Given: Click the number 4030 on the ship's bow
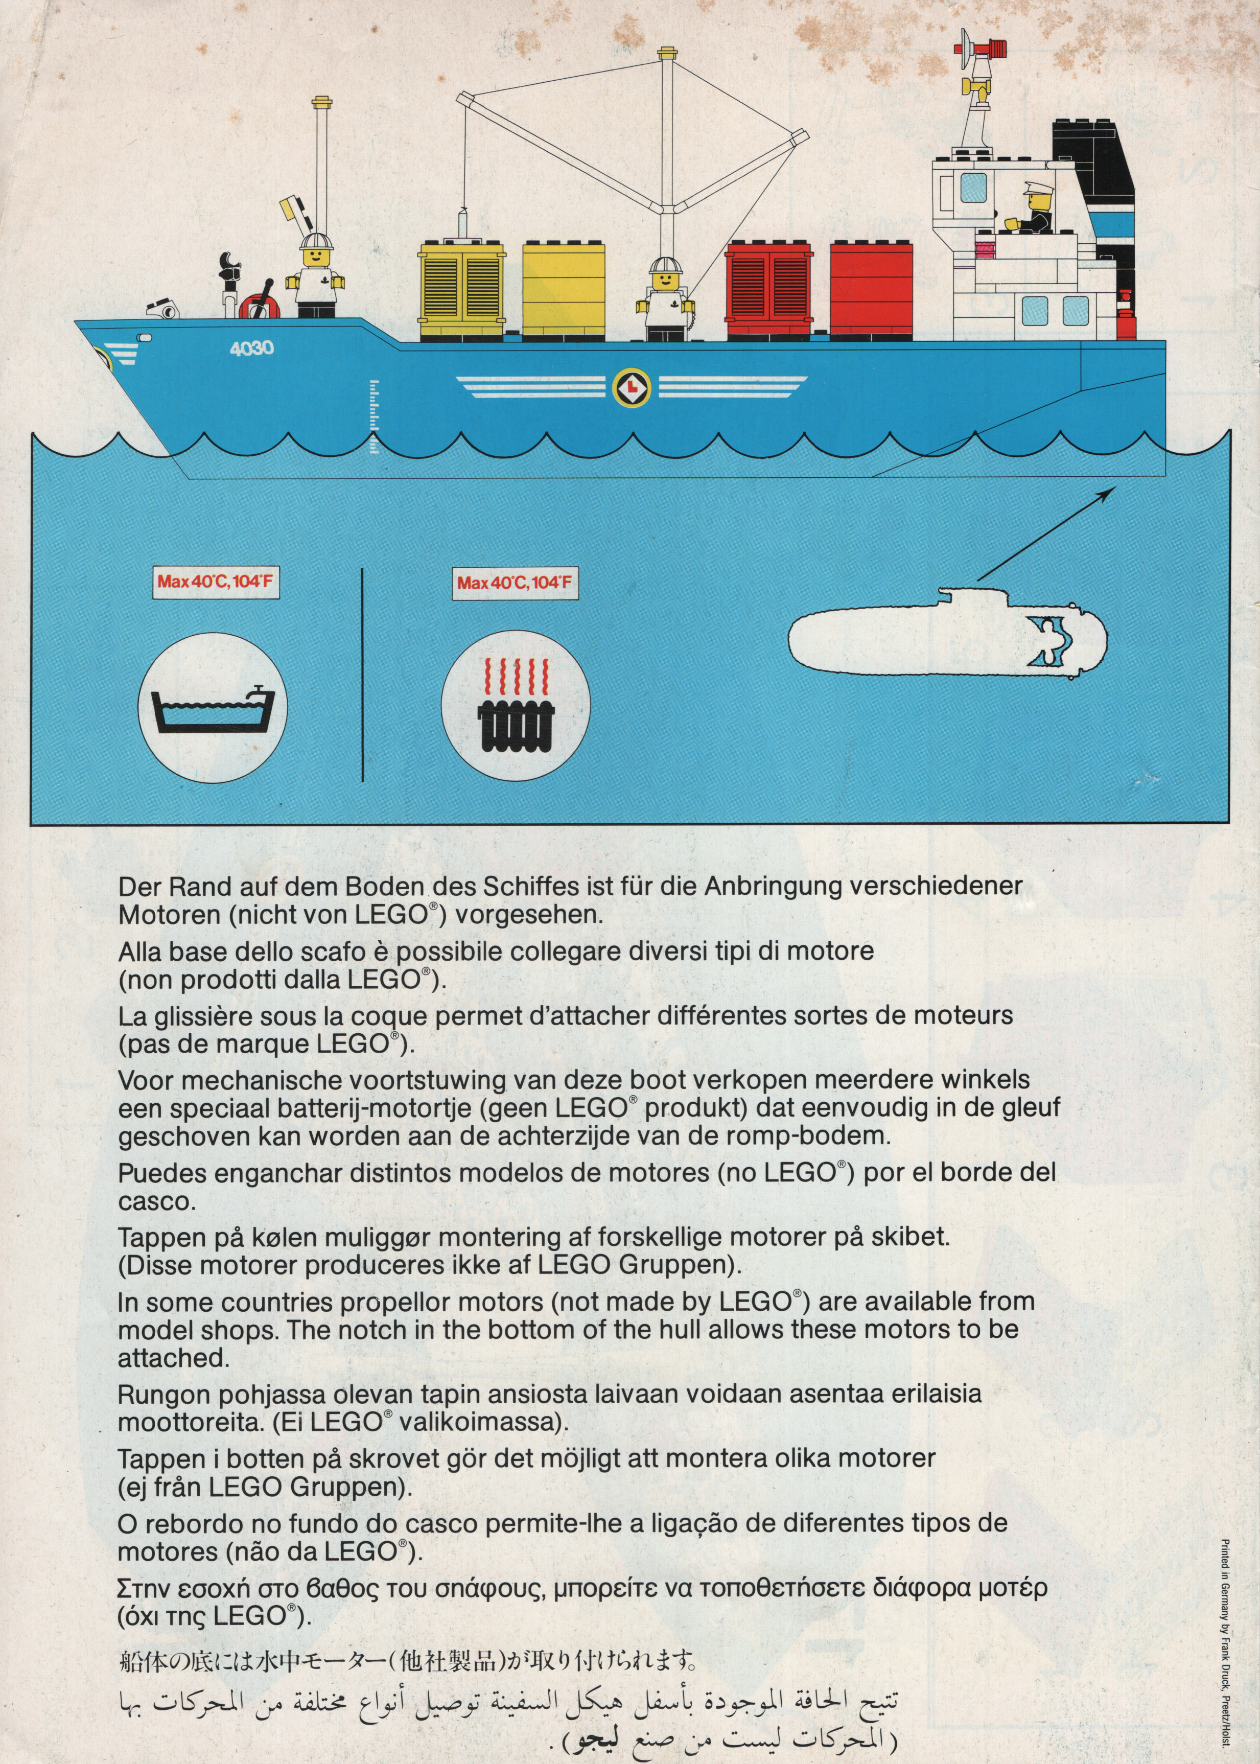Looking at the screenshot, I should pyautogui.click(x=251, y=349).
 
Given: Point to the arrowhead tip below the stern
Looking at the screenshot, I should pyautogui.click(x=1113, y=488).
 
